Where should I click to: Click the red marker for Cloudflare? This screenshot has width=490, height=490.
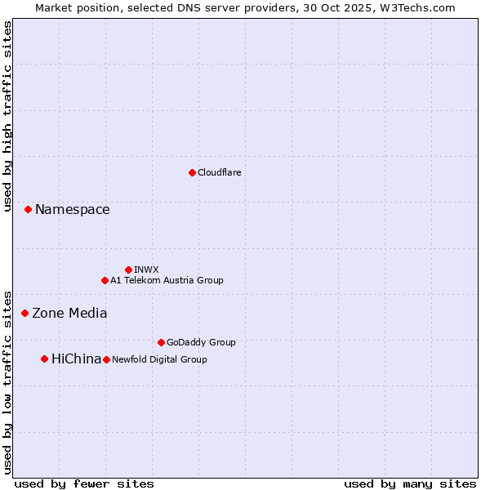coord(192,172)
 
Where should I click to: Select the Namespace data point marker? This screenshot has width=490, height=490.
coord(28,210)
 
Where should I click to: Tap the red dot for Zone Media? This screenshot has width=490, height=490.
coord(24,313)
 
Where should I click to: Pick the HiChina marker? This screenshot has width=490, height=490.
coord(44,359)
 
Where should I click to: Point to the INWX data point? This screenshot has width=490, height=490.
coord(128,269)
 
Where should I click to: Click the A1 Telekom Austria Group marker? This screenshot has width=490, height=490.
coord(105,280)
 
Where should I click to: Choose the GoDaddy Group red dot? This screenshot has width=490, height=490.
coord(161,342)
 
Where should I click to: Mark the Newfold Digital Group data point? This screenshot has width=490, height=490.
coord(106,359)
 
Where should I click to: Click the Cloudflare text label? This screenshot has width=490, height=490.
coord(219,172)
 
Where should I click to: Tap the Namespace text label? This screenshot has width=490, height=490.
coord(72,210)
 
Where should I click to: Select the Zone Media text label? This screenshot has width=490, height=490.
coord(69,313)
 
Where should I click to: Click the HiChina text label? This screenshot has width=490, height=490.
coord(76,359)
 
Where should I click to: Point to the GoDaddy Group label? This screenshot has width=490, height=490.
coord(200,342)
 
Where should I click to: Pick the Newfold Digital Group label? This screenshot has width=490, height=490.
coord(159,359)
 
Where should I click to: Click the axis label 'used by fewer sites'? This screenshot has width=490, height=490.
coord(84,483)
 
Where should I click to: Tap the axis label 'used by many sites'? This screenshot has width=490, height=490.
coord(410,483)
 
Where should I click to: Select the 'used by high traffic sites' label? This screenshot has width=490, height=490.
coord(7,116)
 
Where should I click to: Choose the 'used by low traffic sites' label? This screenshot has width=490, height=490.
coord(7,381)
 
